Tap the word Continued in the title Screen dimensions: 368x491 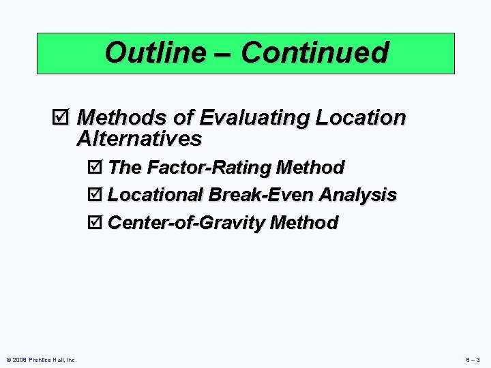pyautogui.click(x=314, y=52)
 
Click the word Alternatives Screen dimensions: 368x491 pyautogui.click(x=139, y=139)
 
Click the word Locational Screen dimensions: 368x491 pyautogui.click(x=155, y=195)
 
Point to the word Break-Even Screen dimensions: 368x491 pyautogui.click(x=261, y=195)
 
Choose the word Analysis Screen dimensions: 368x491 pyautogui.click(x=358, y=195)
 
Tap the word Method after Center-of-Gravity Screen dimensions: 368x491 pyautogui.click(x=304, y=223)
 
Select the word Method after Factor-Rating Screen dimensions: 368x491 pyautogui.click(x=310, y=167)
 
